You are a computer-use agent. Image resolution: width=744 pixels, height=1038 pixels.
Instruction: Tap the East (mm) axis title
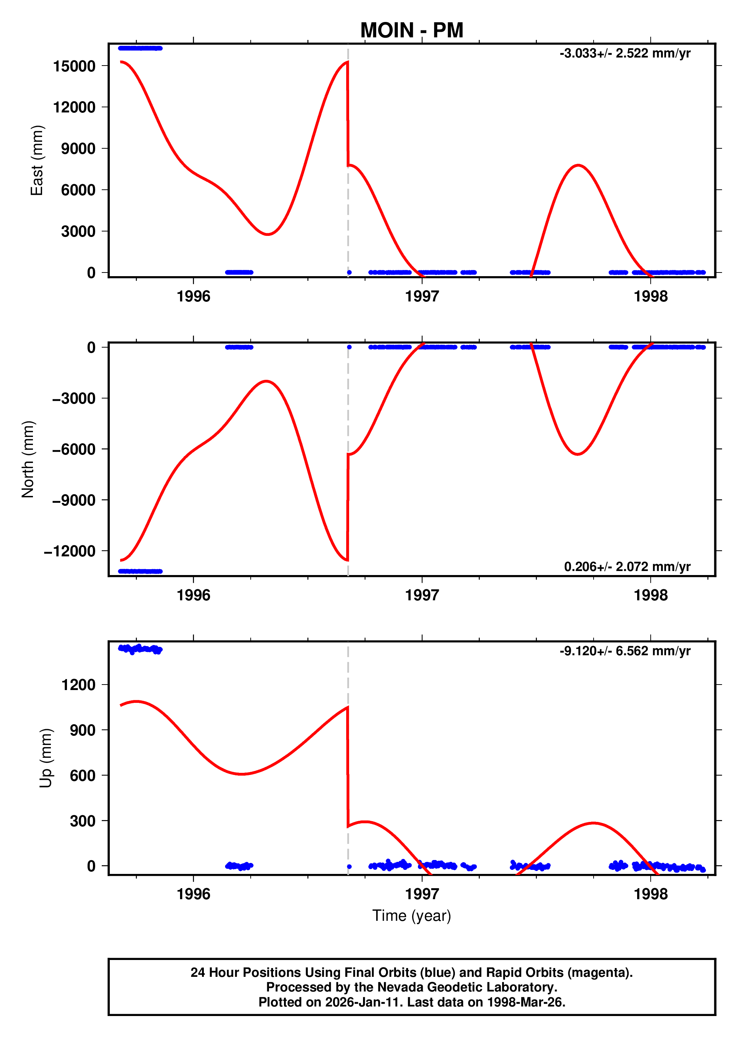tap(37, 160)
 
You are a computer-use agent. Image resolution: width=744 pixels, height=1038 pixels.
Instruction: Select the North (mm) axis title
tap(28, 459)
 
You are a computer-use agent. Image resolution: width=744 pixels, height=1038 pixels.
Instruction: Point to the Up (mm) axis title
tap(46, 758)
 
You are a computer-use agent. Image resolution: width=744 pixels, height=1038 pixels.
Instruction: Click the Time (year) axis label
tap(412, 916)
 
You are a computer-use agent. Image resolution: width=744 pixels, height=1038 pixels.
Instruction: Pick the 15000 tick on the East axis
tap(74, 66)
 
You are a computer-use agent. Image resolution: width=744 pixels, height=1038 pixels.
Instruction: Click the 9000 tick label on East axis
tap(78, 149)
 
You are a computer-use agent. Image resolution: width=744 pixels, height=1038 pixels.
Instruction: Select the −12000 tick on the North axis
tap(70, 551)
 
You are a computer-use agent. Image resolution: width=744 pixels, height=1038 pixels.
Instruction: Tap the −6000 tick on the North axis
tap(74, 449)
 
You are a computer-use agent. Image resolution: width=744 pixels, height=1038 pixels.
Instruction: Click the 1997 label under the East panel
tap(422, 297)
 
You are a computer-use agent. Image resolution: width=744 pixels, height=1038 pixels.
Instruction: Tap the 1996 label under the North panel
tap(194, 596)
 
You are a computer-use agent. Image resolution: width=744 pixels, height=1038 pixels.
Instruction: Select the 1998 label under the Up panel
tap(650, 894)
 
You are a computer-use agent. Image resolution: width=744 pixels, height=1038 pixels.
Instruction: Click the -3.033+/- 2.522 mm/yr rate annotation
tap(625, 53)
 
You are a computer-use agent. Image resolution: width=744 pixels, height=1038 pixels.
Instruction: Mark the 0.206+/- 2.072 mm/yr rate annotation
tap(627, 567)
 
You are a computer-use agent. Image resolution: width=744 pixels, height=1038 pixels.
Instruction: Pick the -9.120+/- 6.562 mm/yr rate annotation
tap(625, 651)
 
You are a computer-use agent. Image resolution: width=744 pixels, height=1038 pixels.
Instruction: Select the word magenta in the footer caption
tap(602, 972)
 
